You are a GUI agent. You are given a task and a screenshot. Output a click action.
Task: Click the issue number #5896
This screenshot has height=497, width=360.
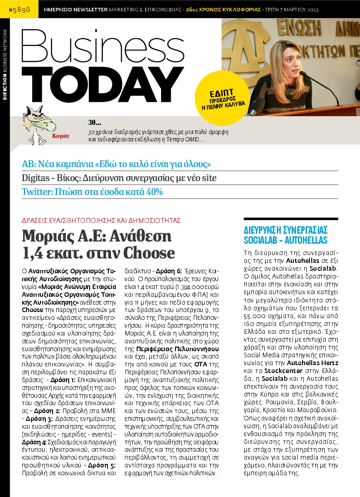click(20, 9)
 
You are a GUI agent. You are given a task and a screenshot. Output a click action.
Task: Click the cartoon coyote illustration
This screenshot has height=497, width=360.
click(38, 123)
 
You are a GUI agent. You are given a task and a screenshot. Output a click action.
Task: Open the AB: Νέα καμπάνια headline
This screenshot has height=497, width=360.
click(117, 164)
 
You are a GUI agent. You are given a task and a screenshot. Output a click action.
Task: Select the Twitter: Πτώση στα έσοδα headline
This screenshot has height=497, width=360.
click(92, 191)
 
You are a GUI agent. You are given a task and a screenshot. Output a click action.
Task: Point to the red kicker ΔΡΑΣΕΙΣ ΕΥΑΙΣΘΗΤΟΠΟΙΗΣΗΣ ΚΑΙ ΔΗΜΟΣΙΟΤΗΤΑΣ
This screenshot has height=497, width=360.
click(101, 220)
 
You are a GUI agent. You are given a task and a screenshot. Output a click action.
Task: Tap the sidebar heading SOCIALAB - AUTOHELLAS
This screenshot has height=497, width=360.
click(286, 240)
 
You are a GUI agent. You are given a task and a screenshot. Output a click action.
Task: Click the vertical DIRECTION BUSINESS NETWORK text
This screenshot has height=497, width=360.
click(5, 65)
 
